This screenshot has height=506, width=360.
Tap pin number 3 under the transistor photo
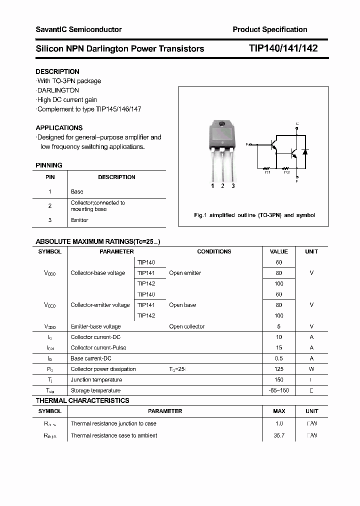pyautogui.click(x=233, y=186)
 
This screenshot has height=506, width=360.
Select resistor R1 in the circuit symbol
pyautogui.click(x=267, y=169)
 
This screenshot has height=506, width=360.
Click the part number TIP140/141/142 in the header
pyautogui.click(x=283, y=48)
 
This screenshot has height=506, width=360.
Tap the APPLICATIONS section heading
pyautogui.click(x=59, y=127)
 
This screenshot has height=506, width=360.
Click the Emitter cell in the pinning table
pyautogui.click(x=79, y=220)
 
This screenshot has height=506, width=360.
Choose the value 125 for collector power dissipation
pyautogui.click(x=278, y=369)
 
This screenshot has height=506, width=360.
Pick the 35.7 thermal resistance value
pyautogui.click(x=278, y=435)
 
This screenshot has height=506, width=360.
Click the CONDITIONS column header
pyautogui.click(x=214, y=251)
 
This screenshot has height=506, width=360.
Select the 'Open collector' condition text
pyautogui.click(x=186, y=326)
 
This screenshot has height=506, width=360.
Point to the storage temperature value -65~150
pyautogui.click(x=278, y=390)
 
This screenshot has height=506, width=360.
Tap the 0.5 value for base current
pyautogui.click(x=278, y=358)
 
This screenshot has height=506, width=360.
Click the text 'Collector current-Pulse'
pyautogui.click(x=98, y=347)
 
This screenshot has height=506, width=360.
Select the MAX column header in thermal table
pyautogui.click(x=279, y=411)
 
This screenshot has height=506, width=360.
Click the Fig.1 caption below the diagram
pyautogui.click(x=254, y=215)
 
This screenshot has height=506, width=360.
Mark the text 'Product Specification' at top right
pyautogui.click(x=270, y=29)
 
